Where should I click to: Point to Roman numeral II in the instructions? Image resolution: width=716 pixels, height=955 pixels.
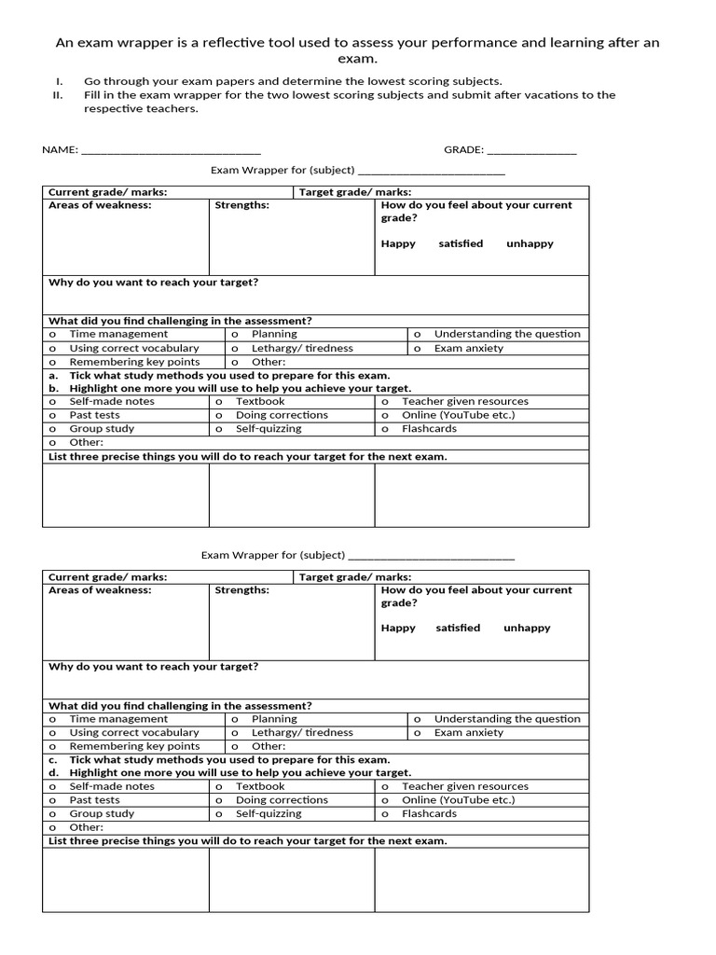tap(58, 95)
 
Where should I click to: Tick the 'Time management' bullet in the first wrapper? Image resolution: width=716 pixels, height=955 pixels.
tap(53, 334)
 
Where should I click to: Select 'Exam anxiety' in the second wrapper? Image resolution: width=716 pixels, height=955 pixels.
tap(468, 733)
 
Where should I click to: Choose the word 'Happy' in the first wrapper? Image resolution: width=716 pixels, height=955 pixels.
tap(398, 244)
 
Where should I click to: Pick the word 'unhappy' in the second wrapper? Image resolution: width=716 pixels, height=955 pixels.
tap(527, 629)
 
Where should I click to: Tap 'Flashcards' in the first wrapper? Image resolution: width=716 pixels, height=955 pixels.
tap(429, 429)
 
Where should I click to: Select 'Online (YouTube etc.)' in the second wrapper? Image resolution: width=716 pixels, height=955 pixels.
tap(458, 800)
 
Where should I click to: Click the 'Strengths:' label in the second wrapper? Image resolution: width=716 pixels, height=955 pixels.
tap(241, 590)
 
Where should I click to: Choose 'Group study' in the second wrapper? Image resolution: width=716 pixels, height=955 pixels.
tap(102, 814)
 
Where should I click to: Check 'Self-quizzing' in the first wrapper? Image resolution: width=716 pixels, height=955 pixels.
tap(268, 429)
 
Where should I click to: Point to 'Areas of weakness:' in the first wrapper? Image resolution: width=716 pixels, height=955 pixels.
tap(100, 205)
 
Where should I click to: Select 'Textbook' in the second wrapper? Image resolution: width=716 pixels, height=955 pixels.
tap(260, 786)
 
